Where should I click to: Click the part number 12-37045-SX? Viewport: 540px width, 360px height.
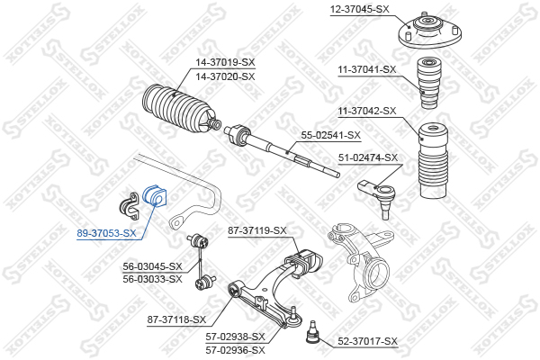[x=359, y=9]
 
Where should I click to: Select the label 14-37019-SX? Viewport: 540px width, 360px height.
[x=225, y=62]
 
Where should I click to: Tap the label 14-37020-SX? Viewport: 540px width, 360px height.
[x=225, y=76]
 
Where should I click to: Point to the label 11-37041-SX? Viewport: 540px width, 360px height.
[x=367, y=69]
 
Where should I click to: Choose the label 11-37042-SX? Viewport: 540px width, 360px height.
[x=367, y=111]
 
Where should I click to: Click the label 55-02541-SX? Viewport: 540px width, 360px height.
[x=331, y=135]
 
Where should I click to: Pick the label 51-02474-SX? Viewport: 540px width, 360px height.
[x=368, y=157]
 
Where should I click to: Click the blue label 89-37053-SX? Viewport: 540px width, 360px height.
[x=106, y=233]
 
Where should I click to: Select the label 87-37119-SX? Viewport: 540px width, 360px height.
[x=256, y=230]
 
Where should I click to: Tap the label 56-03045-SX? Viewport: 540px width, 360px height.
[x=153, y=266]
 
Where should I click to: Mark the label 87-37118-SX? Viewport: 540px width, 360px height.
[x=176, y=319]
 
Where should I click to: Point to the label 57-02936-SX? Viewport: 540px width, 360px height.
[x=236, y=350]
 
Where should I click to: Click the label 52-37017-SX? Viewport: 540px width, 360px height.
[x=367, y=341]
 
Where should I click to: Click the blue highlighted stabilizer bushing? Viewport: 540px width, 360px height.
[x=154, y=195]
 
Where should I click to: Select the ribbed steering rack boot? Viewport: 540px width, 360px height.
[x=179, y=109]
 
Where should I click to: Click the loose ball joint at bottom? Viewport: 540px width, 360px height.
[x=312, y=332]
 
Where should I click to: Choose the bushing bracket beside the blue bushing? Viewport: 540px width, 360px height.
[x=129, y=206]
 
